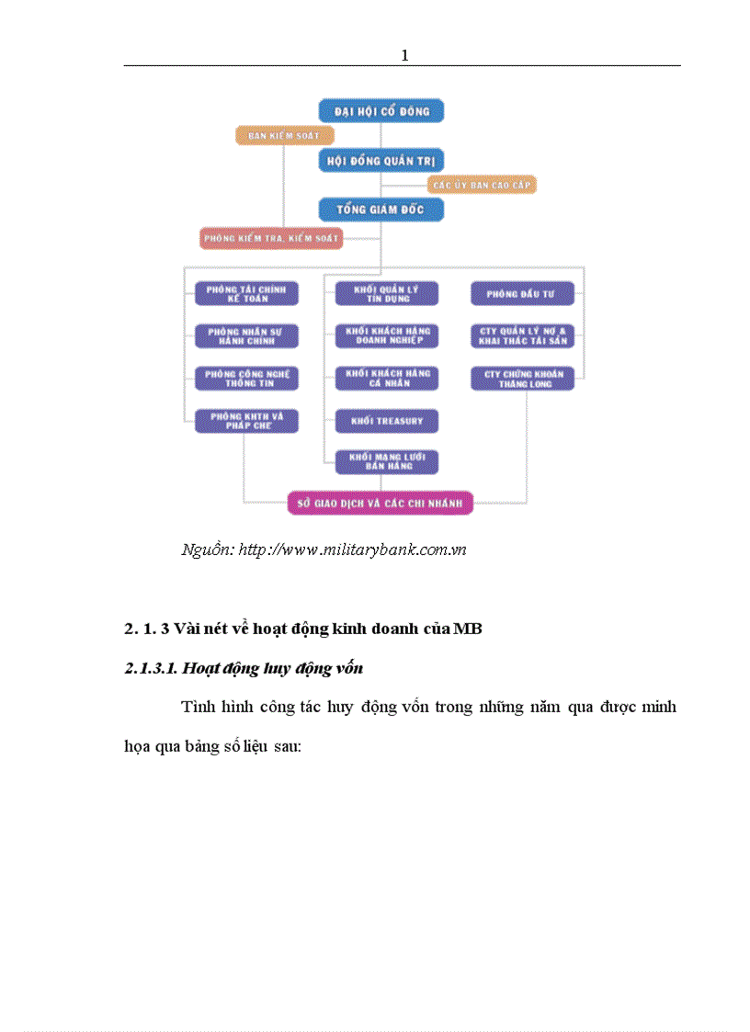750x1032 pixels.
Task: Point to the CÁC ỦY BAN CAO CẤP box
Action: [x=482, y=184]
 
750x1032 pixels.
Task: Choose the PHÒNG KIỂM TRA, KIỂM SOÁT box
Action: [x=271, y=238]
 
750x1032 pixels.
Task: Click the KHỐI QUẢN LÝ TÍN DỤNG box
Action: [x=386, y=293]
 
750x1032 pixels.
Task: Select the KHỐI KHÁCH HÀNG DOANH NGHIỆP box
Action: [x=386, y=335]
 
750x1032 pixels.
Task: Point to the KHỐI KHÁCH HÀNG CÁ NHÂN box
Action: [x=386, y=378]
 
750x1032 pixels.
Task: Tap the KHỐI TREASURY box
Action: [x=386, y=421]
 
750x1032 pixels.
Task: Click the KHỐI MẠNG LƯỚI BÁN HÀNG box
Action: [x=386, y=461]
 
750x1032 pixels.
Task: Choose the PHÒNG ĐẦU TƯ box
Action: [x=522, y=293]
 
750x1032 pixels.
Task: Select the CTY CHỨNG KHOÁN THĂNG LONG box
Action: [x=522, y=378]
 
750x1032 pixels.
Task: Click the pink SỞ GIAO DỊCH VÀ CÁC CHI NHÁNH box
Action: [x=381, y=503]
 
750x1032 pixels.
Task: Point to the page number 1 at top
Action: [x=404, y=56]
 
